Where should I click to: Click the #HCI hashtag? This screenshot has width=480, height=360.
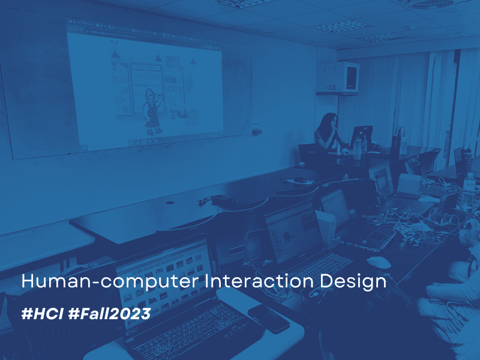(x=42, y=314)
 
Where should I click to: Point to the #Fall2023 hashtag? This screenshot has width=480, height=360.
(x=110, y=314)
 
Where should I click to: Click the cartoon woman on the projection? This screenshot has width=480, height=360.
(x=152, y=112)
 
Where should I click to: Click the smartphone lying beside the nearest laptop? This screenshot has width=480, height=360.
(x=268, y=319)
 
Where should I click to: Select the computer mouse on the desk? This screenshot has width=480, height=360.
(x=379, y=262)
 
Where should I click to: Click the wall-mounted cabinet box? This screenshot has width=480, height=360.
(x=338, y=79)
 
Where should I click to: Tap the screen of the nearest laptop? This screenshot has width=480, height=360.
(x=164, y=281)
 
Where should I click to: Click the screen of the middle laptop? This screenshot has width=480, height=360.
(x=294, y=233)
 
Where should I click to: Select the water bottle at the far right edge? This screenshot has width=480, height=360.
(x=469, y=189)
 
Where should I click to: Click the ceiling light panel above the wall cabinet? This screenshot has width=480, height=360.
(x=342, y=26)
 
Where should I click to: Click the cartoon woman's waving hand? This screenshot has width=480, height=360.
(x=160, y=97)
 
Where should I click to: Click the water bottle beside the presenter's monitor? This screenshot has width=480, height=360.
(x=356, y=149)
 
